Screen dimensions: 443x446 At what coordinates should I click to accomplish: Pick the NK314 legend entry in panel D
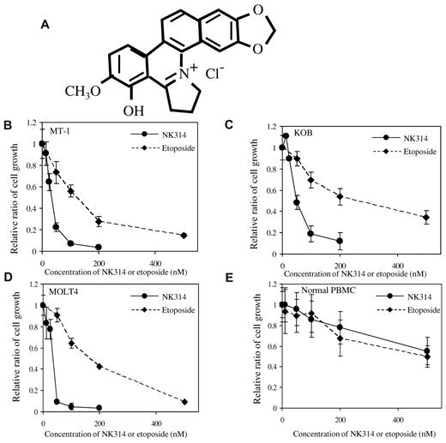click(176, 296)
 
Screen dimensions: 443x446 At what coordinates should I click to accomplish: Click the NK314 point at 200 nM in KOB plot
click(340, 241)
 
